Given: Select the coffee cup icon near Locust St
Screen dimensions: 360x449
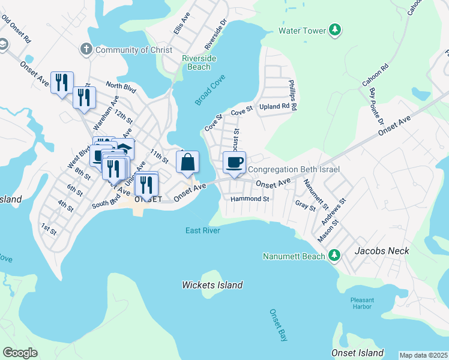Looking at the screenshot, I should point(234,161).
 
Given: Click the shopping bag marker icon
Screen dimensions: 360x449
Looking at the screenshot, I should point(187,161).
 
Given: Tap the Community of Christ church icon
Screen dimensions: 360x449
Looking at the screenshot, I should point(86,49).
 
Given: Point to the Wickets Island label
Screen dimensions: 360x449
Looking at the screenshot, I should point(212,286).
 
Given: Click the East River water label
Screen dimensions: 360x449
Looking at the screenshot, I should point(202,230).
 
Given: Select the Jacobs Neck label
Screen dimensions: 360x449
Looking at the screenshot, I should point(382,251).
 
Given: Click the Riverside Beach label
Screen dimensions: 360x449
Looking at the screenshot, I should point(199,62).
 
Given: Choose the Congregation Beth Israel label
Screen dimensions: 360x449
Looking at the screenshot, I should point(294,170).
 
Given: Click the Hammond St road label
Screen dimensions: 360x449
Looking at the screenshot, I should point(250,199).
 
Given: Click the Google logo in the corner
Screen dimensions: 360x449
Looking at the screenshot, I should point(20,353).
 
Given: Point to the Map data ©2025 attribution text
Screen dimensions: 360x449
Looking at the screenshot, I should point(423,355).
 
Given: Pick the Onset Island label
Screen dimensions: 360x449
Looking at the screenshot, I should point(357,352).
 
